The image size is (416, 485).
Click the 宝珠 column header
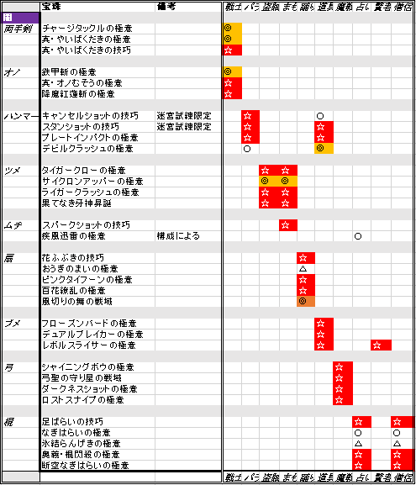[x=51, y=7]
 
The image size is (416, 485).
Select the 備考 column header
[x=166, y=7]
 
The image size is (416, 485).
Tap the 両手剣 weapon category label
[x=18, y=29]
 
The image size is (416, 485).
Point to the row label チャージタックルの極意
[x=86, y=29]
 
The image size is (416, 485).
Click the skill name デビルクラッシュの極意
[x=87, y=148]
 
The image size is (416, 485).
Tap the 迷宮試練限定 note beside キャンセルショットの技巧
[x=183, y=115]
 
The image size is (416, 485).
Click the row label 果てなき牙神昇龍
[x=76, y=203]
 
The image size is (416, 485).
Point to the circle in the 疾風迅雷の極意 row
[x=357, y=236]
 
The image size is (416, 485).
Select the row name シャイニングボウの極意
[x=82, y=367]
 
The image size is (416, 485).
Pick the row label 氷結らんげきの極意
[x=82, y=443]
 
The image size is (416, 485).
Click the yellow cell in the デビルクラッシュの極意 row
[x=319, y=148]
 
